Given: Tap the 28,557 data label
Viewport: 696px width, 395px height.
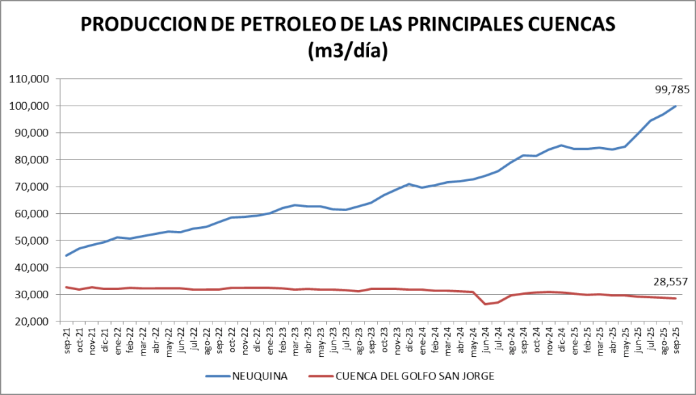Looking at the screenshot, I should coord(672,281).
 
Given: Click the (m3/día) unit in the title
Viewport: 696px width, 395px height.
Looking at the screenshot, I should coord(347,50).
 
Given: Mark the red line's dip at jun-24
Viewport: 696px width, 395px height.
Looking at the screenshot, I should coord(486,304).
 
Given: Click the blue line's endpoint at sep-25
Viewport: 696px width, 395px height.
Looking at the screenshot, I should coord(676,106).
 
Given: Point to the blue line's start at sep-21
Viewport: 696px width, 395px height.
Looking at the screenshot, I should coord(67,255).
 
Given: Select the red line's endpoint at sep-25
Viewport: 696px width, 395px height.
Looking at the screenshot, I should coord(676,298).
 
